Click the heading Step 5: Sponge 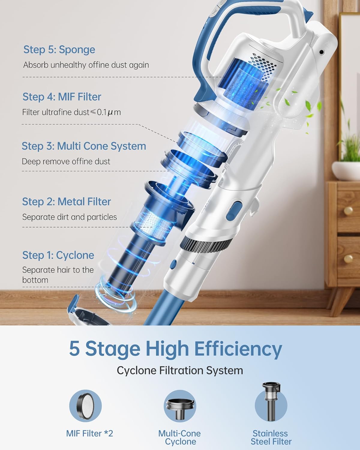59,49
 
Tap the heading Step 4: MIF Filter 62,97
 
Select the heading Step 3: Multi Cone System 84,146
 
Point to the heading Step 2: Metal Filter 66,202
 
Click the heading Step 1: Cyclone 58,255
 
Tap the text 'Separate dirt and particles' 69,217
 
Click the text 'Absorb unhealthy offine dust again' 86,65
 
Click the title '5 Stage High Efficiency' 175,348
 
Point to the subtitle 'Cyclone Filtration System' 180,370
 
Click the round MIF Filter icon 85,405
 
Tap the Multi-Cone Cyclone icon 180,406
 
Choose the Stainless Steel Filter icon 271,402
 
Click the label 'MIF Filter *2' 89,433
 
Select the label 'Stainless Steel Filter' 271,437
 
